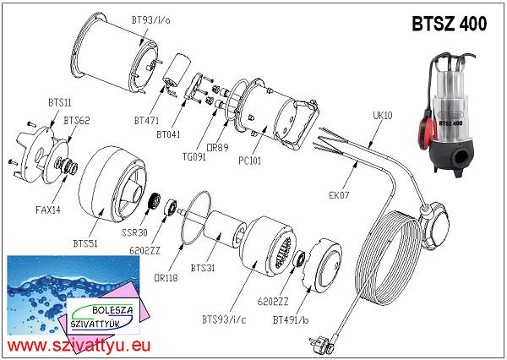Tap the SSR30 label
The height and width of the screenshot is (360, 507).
tap(134, 232)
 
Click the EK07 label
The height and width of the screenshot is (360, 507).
tap(339, 195)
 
